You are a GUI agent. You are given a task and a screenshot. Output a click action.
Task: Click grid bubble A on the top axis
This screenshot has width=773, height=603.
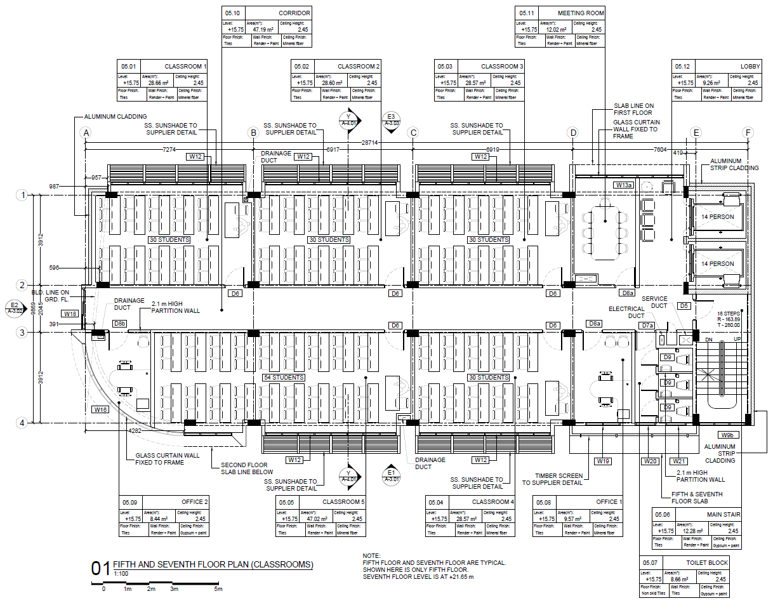86,133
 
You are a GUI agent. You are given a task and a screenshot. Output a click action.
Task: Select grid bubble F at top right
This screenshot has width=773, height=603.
750,133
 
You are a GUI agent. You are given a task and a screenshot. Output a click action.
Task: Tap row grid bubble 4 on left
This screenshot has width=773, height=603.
21,422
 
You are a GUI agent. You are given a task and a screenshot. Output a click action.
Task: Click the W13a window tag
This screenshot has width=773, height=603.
624,185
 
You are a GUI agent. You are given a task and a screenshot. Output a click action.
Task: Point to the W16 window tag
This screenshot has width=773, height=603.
100,409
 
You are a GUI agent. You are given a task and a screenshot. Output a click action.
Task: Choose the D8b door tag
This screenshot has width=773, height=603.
119,324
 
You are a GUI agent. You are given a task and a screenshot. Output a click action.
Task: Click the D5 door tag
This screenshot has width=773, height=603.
684,306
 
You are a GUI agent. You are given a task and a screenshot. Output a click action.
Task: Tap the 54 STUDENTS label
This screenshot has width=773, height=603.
284,378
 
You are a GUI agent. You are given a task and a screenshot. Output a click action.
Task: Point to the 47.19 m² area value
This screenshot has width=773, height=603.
264,29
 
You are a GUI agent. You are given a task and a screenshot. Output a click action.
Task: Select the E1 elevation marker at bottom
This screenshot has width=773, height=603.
391,475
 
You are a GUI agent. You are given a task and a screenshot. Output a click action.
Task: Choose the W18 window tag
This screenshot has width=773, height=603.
70,314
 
